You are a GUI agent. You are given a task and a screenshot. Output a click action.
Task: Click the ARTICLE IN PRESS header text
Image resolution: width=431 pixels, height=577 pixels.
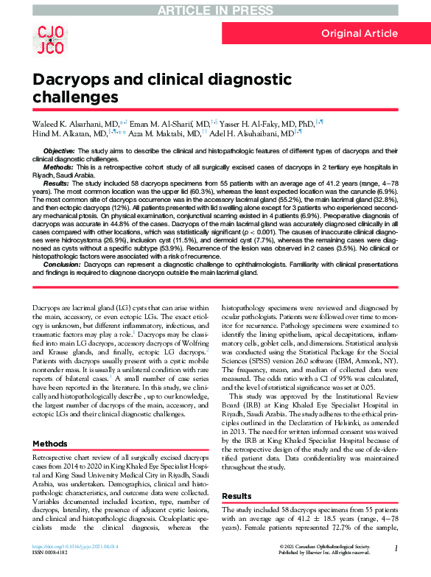pos(215,8)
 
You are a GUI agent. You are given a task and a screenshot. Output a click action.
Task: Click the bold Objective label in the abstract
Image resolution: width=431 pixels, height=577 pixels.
pos(59,151)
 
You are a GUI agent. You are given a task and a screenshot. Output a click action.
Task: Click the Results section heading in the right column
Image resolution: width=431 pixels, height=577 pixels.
pos(236,496)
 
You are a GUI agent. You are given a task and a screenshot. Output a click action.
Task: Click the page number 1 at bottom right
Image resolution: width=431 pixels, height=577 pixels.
pos(396,548)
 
